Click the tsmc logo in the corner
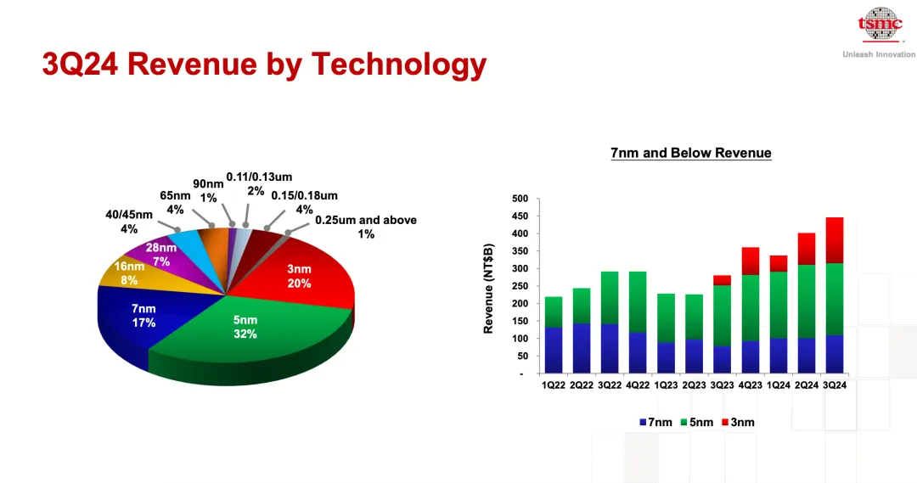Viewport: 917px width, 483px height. [880, 25]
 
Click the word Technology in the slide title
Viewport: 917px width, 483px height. [399, 65]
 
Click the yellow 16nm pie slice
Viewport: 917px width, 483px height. [132, 273]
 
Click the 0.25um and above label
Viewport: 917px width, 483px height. [366, 227]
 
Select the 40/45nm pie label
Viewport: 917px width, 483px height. [129, 222]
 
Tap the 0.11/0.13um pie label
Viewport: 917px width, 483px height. [259, 183]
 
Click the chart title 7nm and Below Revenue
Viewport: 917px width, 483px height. [690, 153]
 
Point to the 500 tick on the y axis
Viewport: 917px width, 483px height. [520, 199]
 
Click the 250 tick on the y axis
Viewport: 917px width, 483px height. [520, 286]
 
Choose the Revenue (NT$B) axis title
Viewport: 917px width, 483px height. [488, 289]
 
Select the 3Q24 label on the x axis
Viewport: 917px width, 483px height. [835, 385]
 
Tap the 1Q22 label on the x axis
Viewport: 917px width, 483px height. [554, 385]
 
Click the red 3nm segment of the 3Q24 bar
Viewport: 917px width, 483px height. [835, 240]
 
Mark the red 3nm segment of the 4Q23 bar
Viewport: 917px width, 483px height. [751, 261]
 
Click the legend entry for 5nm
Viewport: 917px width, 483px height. [697, 422]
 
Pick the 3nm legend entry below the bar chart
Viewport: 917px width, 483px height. [738, 422]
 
